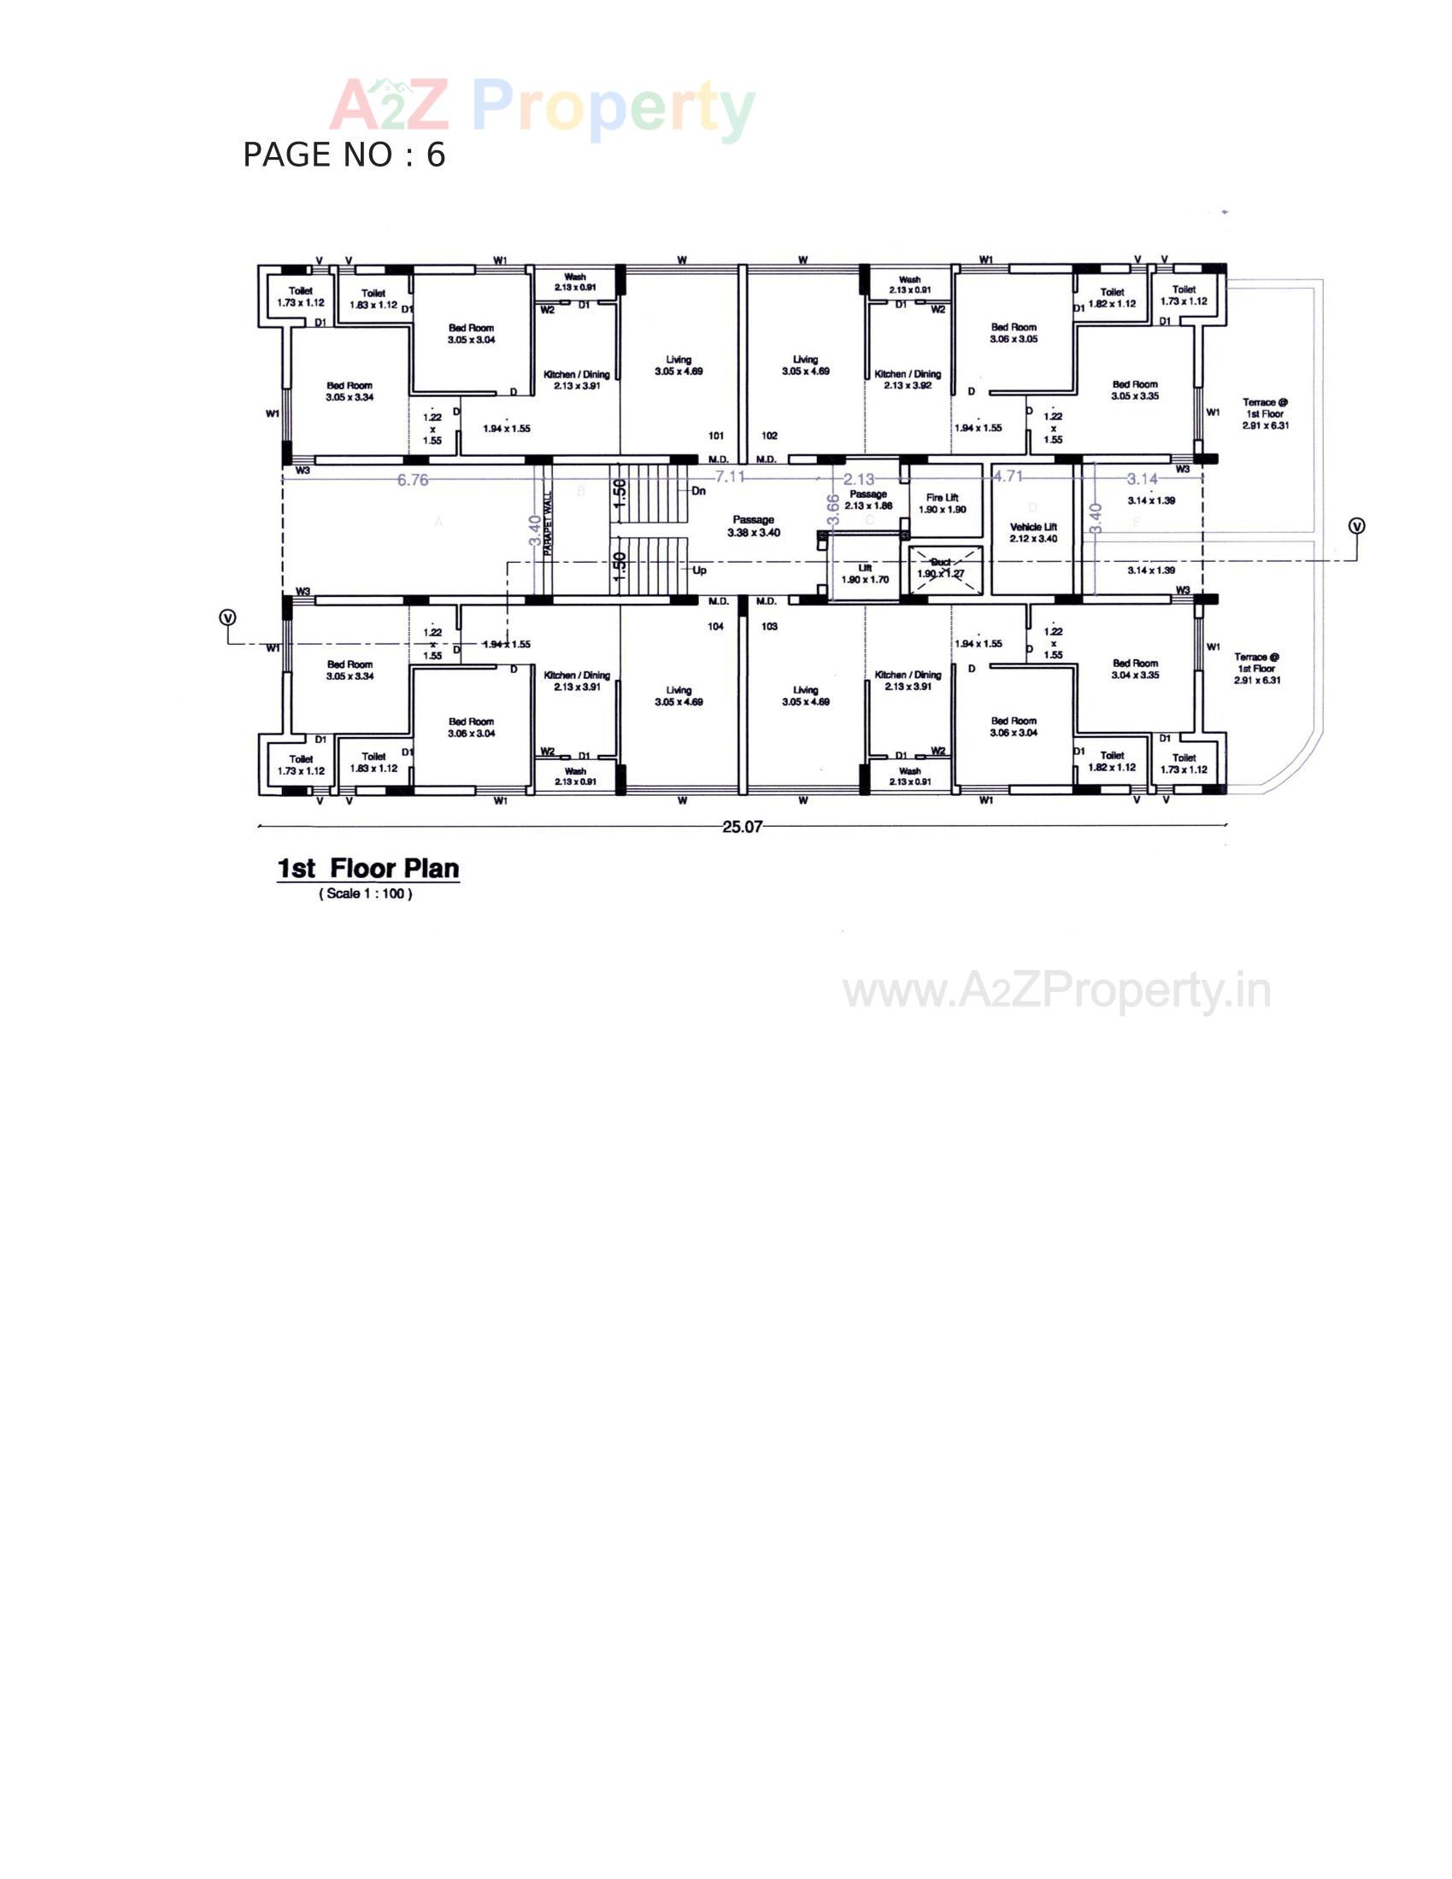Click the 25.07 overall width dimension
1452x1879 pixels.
[x=742, y=827]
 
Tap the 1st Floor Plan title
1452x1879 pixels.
[x=367, y=868]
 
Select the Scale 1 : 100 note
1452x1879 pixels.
[x=366, y=894]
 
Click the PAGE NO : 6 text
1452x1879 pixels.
[x=344, y=155]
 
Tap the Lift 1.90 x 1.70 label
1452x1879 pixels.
[x=865, y=574]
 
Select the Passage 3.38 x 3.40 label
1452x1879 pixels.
[x=753, y=526]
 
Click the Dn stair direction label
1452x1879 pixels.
[x=699, y=491]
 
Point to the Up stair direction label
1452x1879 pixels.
[x=699, y=571]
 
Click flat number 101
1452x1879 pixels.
[x=716, y=436]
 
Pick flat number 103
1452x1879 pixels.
[x=769, y=626]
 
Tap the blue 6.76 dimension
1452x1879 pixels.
[x=412, y=480]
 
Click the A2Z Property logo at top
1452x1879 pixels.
[x=542, y=108]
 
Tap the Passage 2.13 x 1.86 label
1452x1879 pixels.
[x=867, y=500]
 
